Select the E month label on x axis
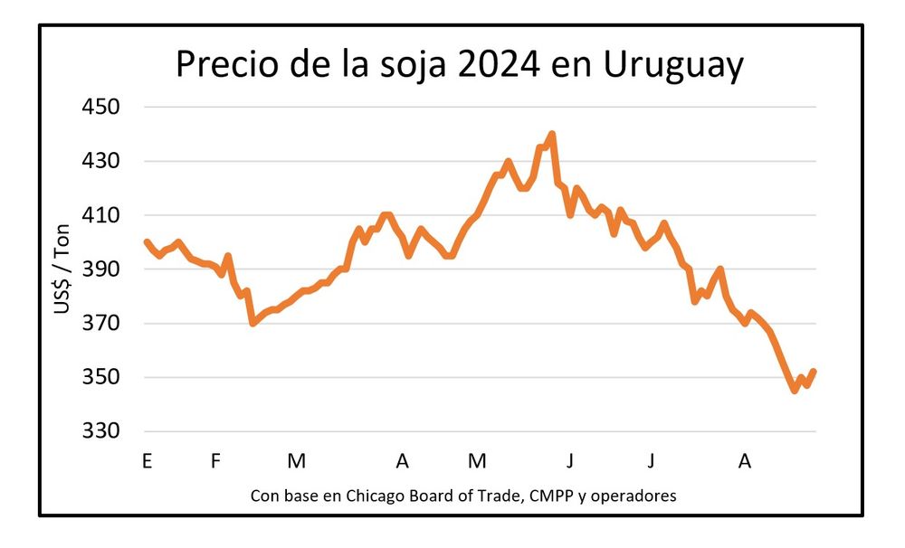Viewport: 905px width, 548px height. (x=147, y=461)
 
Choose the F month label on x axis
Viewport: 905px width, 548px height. (x=215, y=461)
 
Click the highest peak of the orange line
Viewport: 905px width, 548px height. (x=551, y=135)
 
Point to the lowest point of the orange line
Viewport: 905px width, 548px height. (x=795, y=390)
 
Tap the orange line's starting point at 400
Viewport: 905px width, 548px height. (x=147, y=241)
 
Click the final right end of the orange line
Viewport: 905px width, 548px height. (x=814, y=371)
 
